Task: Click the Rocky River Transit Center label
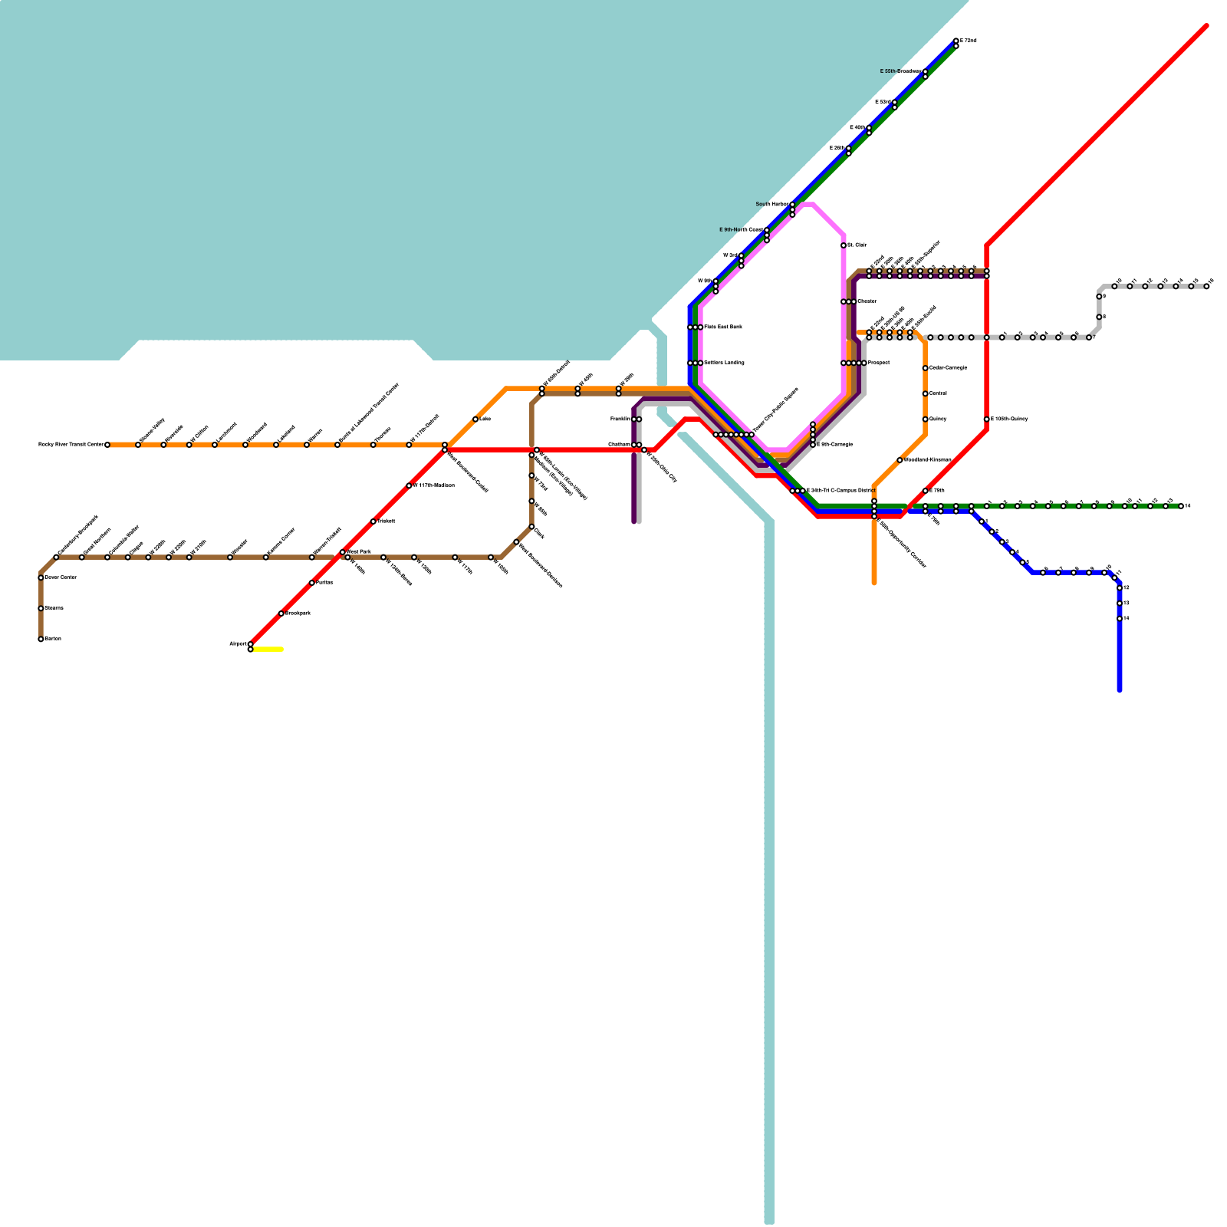coord(71,445)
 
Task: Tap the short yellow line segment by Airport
coord(268,650)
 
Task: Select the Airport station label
coord(238,643)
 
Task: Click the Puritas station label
coord(324,583)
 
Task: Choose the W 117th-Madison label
coord(434,485)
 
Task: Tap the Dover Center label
coord(61,577)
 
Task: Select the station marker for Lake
coord(475,419)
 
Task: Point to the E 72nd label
coord(969,41)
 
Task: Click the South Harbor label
coord(771,204)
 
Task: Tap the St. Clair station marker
coord(844,245)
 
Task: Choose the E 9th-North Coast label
coord(741,230)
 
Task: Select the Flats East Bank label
coord(722,327)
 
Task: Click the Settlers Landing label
coord(724,363)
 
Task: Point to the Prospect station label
coord(879,363)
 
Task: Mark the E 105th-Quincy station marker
coord(987,419)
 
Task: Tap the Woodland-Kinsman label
coord(927,460)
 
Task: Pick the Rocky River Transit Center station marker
coord(107,445)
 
